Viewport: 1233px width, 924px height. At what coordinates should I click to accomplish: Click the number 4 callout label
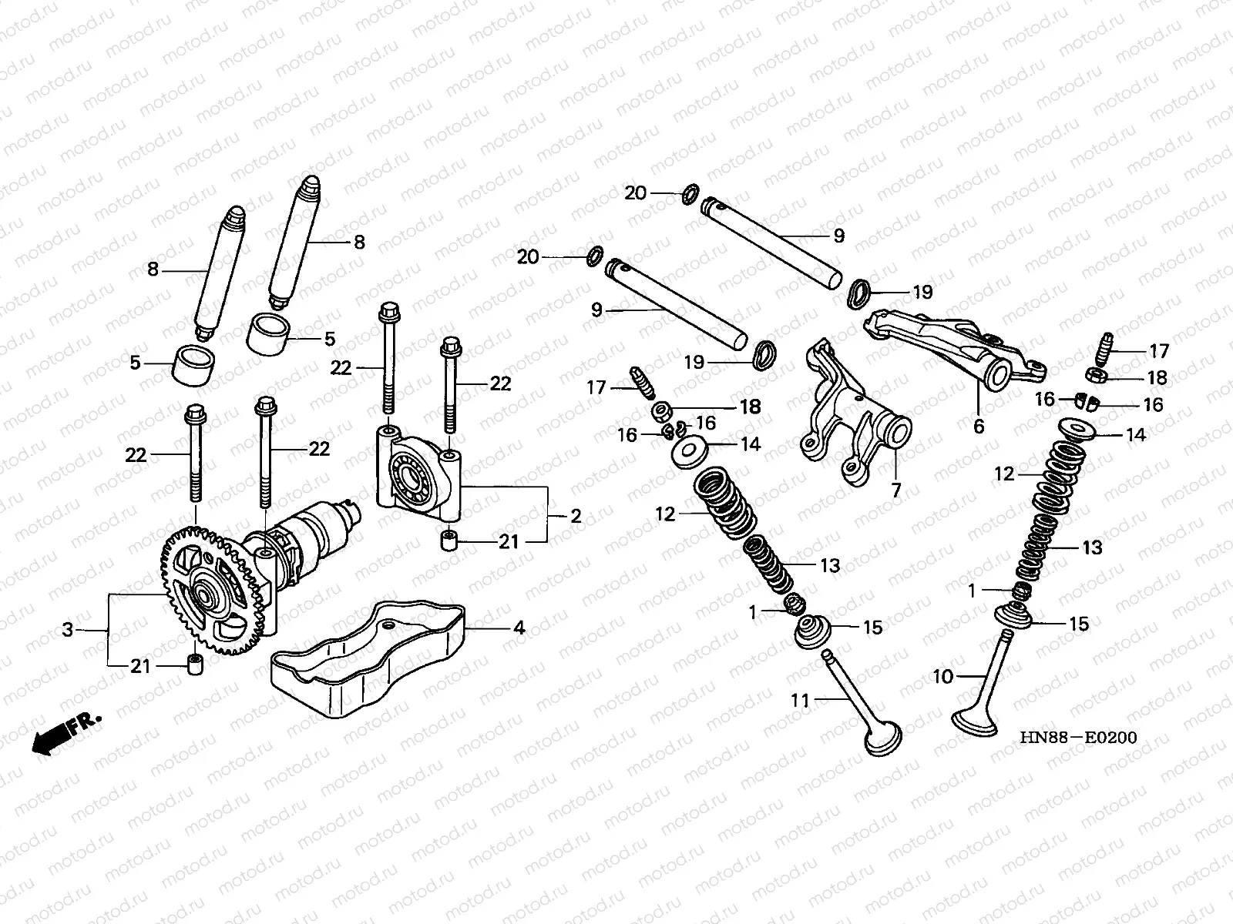point(519,628)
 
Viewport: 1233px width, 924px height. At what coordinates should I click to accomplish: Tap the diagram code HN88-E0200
point(1078,738)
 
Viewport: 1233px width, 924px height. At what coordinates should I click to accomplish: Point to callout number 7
point(895,490)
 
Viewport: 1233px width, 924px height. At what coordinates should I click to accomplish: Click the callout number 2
point(575,516)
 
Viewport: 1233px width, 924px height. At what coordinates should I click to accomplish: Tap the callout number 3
point(68,630)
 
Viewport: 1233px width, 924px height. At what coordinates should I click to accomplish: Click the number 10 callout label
point(943,676)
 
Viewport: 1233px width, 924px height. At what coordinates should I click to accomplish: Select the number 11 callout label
point(801,700)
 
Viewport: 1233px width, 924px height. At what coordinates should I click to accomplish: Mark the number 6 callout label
point(979,426)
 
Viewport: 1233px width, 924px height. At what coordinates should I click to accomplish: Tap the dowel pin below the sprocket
point(196,663)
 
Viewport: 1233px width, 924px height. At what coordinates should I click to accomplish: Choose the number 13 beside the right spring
point(1092,547)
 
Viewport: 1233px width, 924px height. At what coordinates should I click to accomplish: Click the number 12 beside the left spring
point(665,514)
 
